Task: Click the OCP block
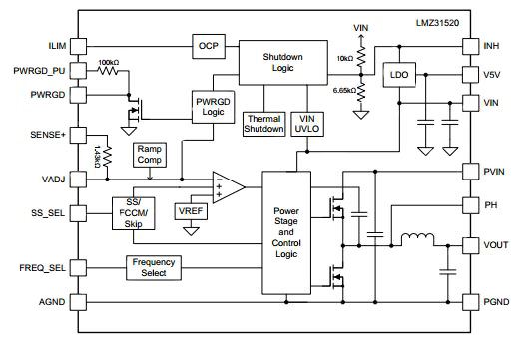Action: (x=208, y=45)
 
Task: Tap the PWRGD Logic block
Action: (x=212, y=107)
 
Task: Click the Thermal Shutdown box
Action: (x=263, y=124)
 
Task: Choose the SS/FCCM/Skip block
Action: (x=132, y=211)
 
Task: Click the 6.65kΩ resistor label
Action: (x=338, y=90)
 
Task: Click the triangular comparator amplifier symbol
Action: (x=228, y=186)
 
